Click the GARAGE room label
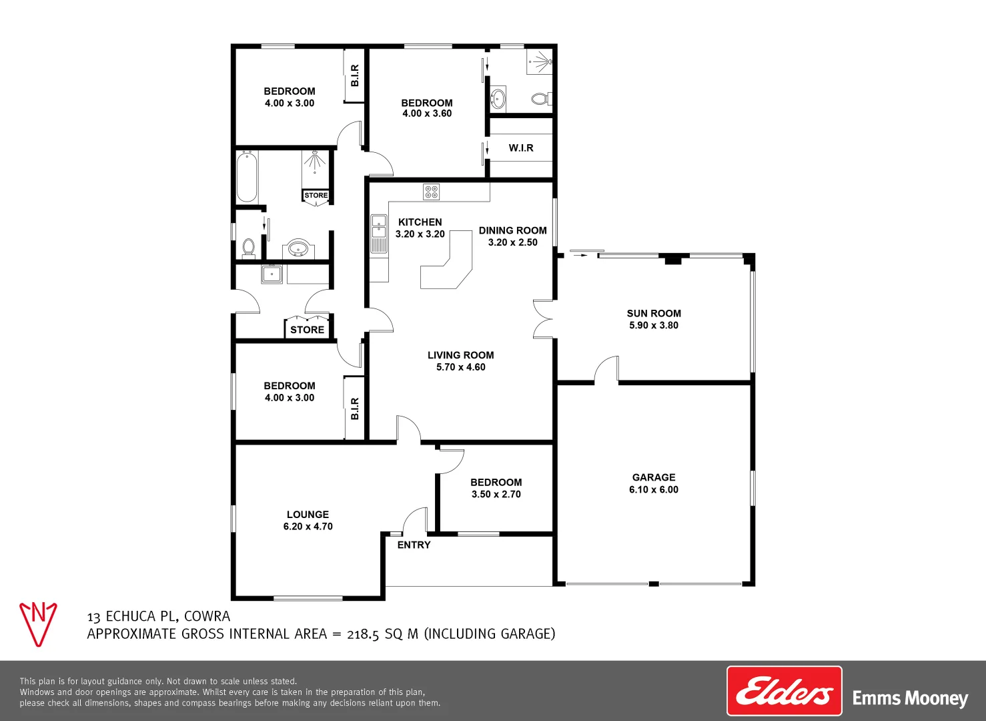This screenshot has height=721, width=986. click(x=654, y=477)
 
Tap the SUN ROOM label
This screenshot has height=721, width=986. click(x=654, y=313)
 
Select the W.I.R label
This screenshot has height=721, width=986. click(x=521, y=148)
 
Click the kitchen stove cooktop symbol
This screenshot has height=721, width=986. click(x=432, y=192)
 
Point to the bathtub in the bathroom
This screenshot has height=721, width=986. click(x=247, y=177)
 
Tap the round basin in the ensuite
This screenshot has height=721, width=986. click(x=498, y=99)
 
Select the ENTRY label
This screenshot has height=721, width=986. click(x=414, y=545)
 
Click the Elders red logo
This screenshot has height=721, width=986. click(x=784, y=691)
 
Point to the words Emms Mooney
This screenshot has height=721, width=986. click(x=910, y=698)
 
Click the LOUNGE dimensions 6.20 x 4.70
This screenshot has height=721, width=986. click(x=308, y=527)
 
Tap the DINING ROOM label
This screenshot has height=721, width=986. click(x=512, y=230)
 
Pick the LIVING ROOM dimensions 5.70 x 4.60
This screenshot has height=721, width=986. click(x=460, y=367)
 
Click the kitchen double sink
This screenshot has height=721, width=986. click(x=379, y=226)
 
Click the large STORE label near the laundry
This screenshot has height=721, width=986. click(x=307, y=330)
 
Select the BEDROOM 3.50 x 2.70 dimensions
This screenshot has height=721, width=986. click(x=496, y=495)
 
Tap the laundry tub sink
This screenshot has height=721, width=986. click(x=272, y=274)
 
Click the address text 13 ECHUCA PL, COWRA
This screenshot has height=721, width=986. click(x=159, y=616)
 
